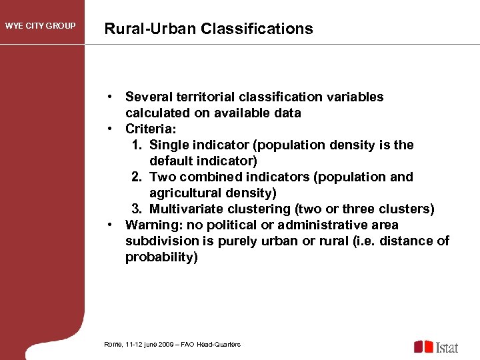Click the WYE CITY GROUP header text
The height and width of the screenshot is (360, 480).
[41, 27]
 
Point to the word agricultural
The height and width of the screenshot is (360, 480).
[183, 193]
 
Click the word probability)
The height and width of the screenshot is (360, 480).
[161, 257]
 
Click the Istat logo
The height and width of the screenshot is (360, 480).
[436, 347]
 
